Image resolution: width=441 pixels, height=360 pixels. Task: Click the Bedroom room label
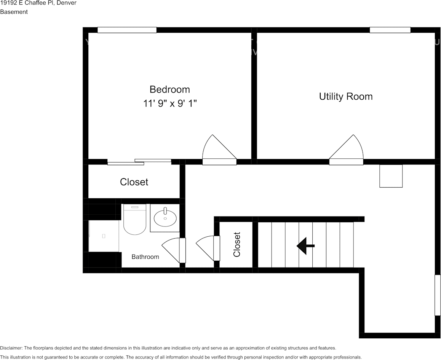169,89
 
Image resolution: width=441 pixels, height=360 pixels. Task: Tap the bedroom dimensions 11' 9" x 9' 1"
170,104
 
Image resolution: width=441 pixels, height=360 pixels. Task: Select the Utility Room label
346,96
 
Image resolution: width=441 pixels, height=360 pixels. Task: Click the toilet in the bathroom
135,220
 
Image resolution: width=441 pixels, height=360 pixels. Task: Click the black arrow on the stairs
305,245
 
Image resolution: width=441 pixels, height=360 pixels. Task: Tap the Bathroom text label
145,257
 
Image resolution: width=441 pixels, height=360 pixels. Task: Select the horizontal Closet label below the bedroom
134,182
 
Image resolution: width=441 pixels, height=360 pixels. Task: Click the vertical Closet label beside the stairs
237,244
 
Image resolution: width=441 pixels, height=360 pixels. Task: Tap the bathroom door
174,250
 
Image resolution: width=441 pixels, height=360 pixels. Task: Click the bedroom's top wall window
127,30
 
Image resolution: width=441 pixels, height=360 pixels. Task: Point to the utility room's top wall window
390,30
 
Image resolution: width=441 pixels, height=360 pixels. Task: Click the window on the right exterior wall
438,295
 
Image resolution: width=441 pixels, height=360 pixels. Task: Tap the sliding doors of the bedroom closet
139,162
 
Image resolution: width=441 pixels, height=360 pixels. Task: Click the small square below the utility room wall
391,176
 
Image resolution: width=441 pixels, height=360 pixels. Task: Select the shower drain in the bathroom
104,236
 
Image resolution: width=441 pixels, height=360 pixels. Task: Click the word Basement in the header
14,12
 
